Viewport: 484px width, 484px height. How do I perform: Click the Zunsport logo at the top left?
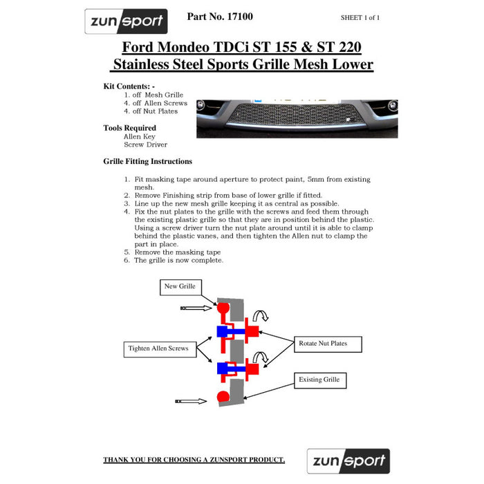tap(126, 21)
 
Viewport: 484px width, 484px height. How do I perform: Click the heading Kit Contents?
tap(129, 86)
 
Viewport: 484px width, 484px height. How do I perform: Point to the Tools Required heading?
tap(130, 128)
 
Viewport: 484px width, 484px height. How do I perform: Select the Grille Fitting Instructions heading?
tap(147, 161)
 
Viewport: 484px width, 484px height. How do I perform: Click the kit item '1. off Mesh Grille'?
tap(153, 95)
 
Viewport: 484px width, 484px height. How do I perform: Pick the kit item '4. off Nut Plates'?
tap(151, 111)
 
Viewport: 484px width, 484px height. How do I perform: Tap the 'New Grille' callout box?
tap(180, 286)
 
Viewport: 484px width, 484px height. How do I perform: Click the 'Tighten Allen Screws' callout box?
tap(158, 348)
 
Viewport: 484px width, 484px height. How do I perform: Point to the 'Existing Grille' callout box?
tap(319, 380)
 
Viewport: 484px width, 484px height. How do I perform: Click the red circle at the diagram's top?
tap(223, 306)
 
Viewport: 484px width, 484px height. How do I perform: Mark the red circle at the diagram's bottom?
tap(223, 397)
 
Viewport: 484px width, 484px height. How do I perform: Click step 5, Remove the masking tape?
tap(177, 252)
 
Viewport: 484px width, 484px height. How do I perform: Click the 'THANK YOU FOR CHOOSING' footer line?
tap(194, 460)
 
